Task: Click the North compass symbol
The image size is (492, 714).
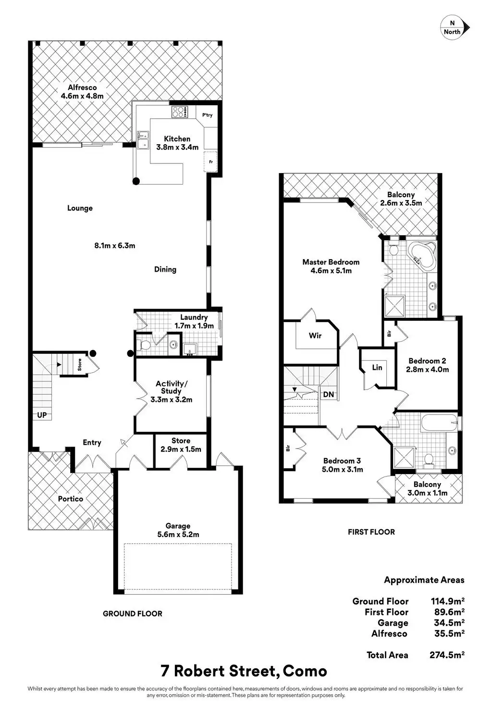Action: tap(454, 27)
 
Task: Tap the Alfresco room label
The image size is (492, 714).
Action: tap(82, 88)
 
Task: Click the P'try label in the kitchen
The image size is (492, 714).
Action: tap(208, 115)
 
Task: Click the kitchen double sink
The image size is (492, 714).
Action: tap(142, 139)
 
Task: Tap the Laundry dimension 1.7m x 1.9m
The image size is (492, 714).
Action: tap(194, 326)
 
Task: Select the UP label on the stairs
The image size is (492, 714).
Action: tap(42, 414)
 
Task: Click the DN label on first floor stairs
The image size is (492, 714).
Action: tap(329, 394)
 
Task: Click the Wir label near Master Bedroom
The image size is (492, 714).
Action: tap(315, 336)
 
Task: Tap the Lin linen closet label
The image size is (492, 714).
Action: tap(377, 367)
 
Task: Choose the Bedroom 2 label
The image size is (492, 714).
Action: tap(428, 361)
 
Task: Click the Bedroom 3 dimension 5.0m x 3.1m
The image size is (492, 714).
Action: tap(343, 469)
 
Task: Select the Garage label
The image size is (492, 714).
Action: tap(178, 526)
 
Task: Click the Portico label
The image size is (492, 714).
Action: tap(71, 499)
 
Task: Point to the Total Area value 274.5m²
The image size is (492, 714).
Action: tap(446, 655)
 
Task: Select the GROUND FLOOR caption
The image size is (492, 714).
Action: tap(133, 614)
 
